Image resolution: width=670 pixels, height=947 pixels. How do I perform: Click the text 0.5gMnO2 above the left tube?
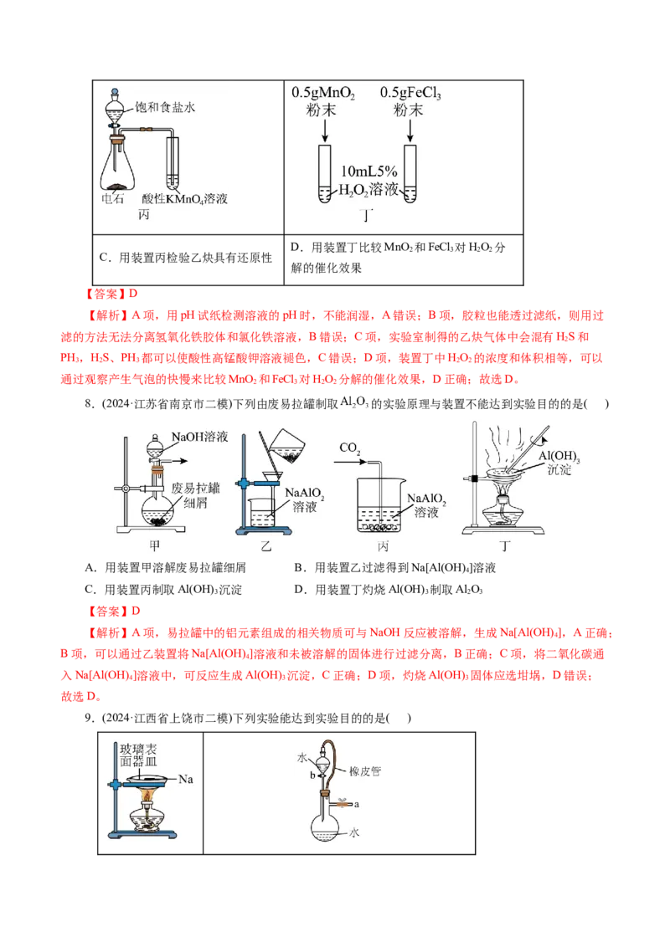tap(323, 93)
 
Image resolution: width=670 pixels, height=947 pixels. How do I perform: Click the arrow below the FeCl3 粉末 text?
tap(410, 130)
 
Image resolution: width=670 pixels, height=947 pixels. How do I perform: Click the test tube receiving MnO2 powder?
tap(323, 174)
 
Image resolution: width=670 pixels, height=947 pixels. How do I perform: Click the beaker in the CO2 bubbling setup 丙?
tap(387, 504)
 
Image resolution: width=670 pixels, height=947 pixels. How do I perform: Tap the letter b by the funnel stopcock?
tap(312, 776)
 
